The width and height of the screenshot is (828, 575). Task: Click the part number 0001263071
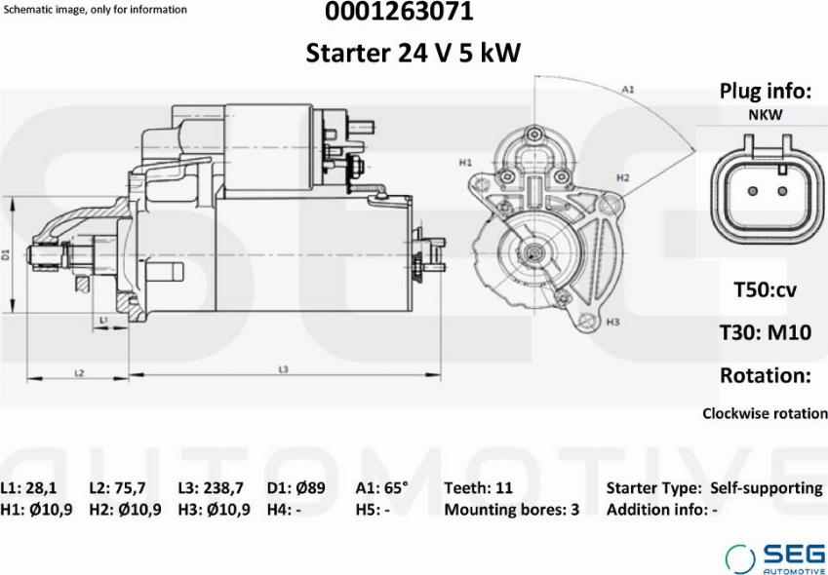tap(399, 12)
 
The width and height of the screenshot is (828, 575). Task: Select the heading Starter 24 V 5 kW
tap(413, 53)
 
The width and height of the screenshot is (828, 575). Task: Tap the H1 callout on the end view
tap(465, 163)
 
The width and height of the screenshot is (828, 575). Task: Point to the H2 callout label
tap(623, 178)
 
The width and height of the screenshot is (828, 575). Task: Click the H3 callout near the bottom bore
tap(612, 322)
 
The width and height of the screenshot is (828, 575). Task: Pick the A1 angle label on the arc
tap(627, 90)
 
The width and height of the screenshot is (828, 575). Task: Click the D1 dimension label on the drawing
tap(6, 254)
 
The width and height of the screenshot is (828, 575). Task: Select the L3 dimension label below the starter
tap(283, 369)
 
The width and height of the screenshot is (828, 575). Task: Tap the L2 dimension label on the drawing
tap(79, 373)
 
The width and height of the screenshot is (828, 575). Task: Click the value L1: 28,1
tap(28, 488)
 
